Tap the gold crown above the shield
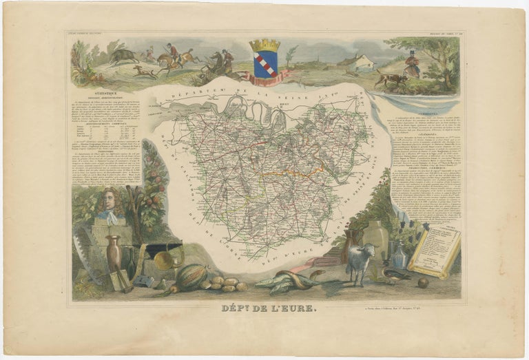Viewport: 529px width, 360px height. click(x=264, y=45)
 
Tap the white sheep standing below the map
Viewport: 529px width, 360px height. click(x=360, y=260)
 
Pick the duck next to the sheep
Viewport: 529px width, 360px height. click(x=393, y=274)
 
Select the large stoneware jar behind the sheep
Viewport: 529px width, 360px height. click(x=375, y=238)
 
